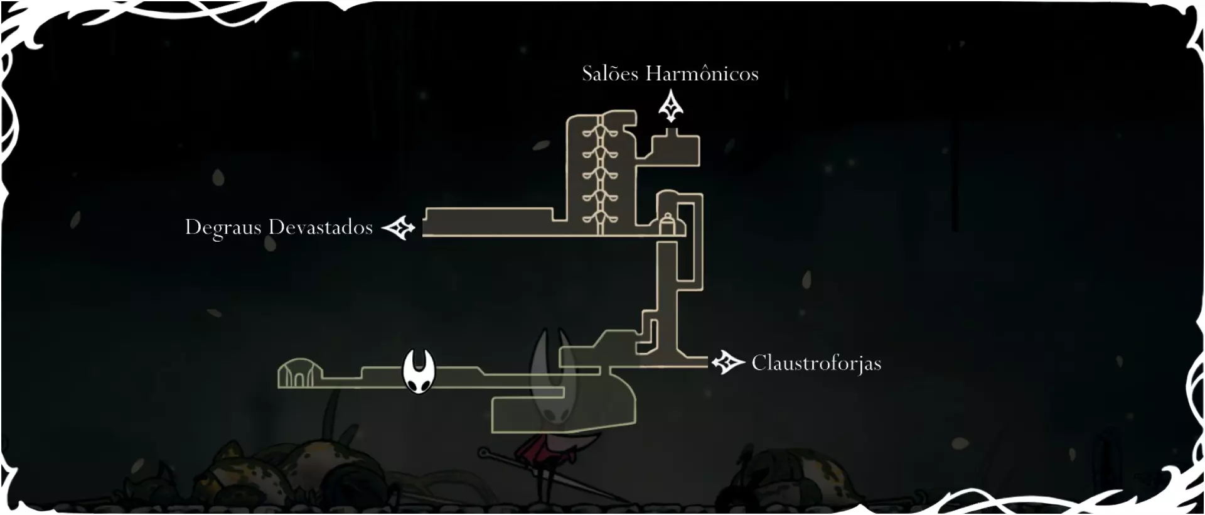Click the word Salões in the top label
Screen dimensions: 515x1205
610,74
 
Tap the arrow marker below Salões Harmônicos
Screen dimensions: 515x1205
670,107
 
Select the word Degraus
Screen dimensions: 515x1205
223,227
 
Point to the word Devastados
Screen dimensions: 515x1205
320,227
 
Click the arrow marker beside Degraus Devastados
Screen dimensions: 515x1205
399,227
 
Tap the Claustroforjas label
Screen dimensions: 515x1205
816,363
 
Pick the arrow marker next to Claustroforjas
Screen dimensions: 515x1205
727,362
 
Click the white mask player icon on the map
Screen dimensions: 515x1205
418,371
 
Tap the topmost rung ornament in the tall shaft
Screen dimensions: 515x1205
600,133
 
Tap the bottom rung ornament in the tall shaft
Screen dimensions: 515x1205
600,219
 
